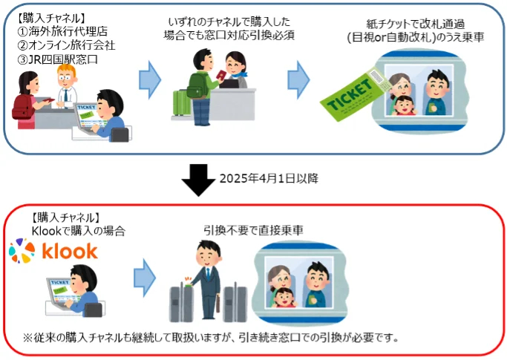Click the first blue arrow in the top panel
pos(149,77)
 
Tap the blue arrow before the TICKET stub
pos(298,77)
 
